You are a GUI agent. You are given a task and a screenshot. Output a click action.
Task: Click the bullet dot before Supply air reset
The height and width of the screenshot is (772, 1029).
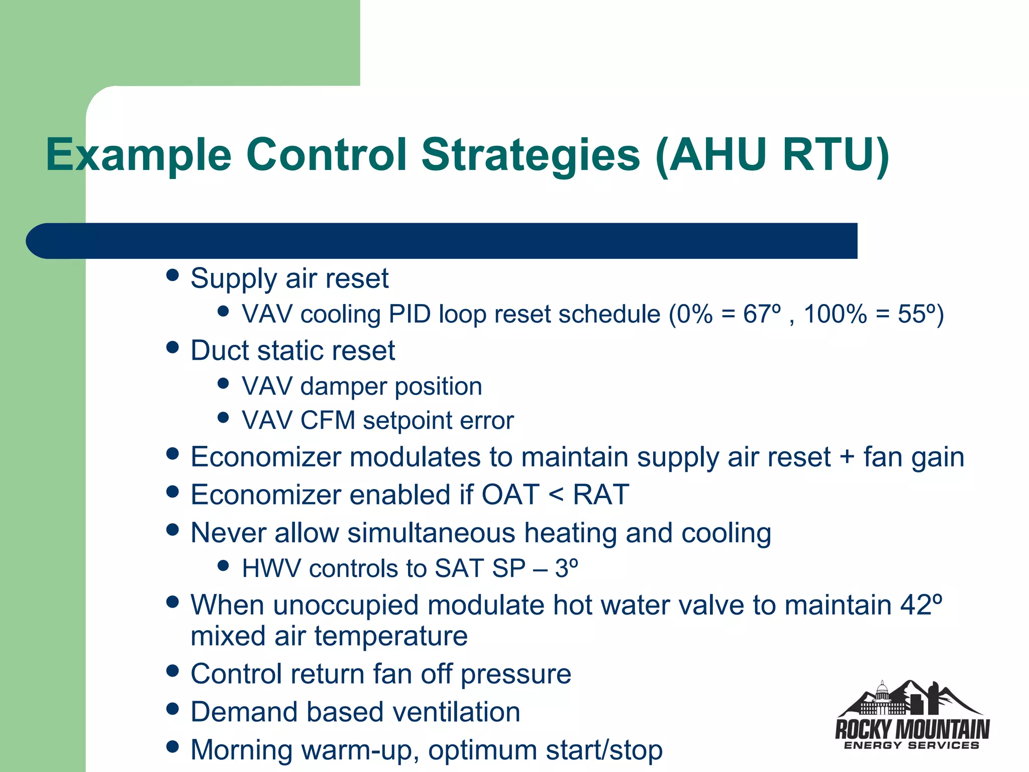(172, 275)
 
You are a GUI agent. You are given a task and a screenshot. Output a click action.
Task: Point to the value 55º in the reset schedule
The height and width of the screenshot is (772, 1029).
(916, 314)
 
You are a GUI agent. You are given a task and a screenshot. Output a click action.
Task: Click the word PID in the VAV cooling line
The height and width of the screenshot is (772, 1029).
(409, 314)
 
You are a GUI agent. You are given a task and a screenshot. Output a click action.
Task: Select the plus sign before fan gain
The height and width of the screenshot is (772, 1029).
(847, 457)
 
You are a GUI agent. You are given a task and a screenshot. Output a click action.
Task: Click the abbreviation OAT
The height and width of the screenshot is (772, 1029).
(510, 495)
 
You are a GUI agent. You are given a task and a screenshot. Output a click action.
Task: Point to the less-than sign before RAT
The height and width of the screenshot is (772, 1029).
(556, 495)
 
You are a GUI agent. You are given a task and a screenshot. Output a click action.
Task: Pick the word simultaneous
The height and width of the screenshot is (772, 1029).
(431, 533)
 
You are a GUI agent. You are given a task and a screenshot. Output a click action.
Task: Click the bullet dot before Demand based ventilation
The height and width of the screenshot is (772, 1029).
(172, 709)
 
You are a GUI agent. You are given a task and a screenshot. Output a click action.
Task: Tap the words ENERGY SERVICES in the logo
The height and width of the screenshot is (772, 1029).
(911, 745)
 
